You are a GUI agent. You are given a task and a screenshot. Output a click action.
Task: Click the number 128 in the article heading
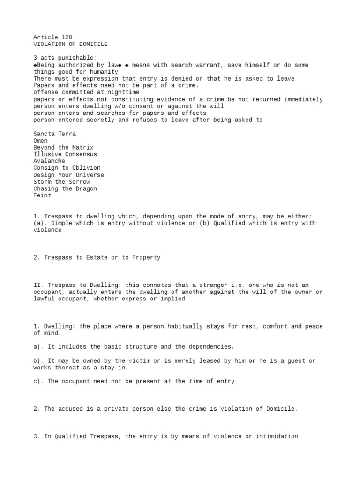point(67,37)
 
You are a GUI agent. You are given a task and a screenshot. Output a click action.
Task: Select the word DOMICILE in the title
point(92,44)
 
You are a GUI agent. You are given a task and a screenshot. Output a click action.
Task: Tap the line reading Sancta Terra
point(55,134)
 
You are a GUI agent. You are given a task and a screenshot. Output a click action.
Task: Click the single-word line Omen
point(41,141)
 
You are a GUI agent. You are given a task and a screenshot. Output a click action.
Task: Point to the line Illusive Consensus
point(65,154)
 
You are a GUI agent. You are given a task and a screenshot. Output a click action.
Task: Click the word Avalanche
point(49,161)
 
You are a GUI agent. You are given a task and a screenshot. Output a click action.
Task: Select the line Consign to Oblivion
point(67,168)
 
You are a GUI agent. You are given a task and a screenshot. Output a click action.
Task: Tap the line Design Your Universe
point(68,175)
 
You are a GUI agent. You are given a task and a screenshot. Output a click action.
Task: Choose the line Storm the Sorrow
point(62,182)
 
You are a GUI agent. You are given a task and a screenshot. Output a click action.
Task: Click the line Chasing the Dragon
point(65,188)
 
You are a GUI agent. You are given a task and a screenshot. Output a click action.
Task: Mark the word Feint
point(42,195)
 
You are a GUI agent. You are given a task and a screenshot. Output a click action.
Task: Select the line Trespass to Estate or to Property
point(97,257)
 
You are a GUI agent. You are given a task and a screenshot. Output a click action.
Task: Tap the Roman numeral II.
point(37,285)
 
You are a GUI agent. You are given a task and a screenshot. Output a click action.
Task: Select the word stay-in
point(114,367)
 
